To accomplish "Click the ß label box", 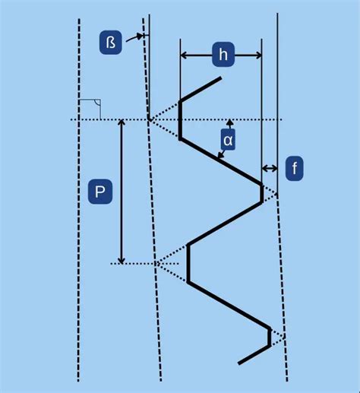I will click(x=110, y=42).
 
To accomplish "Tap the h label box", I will click(x=222, y=54).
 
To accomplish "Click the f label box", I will click(x=294, y=168).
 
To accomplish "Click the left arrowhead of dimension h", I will click(x=185, y=54).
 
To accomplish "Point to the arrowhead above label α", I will click(x=229, y=122).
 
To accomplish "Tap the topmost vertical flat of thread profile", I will click(x=180, y=119).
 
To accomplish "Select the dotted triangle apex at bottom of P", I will click(x=156, y=263).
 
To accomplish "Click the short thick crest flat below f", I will click(x=262, y=193).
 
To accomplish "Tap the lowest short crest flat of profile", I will click(x=270, y=337).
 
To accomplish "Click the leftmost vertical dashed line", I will click(x=78, y=198).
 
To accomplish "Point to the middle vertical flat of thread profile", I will click(x=188, y=263).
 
